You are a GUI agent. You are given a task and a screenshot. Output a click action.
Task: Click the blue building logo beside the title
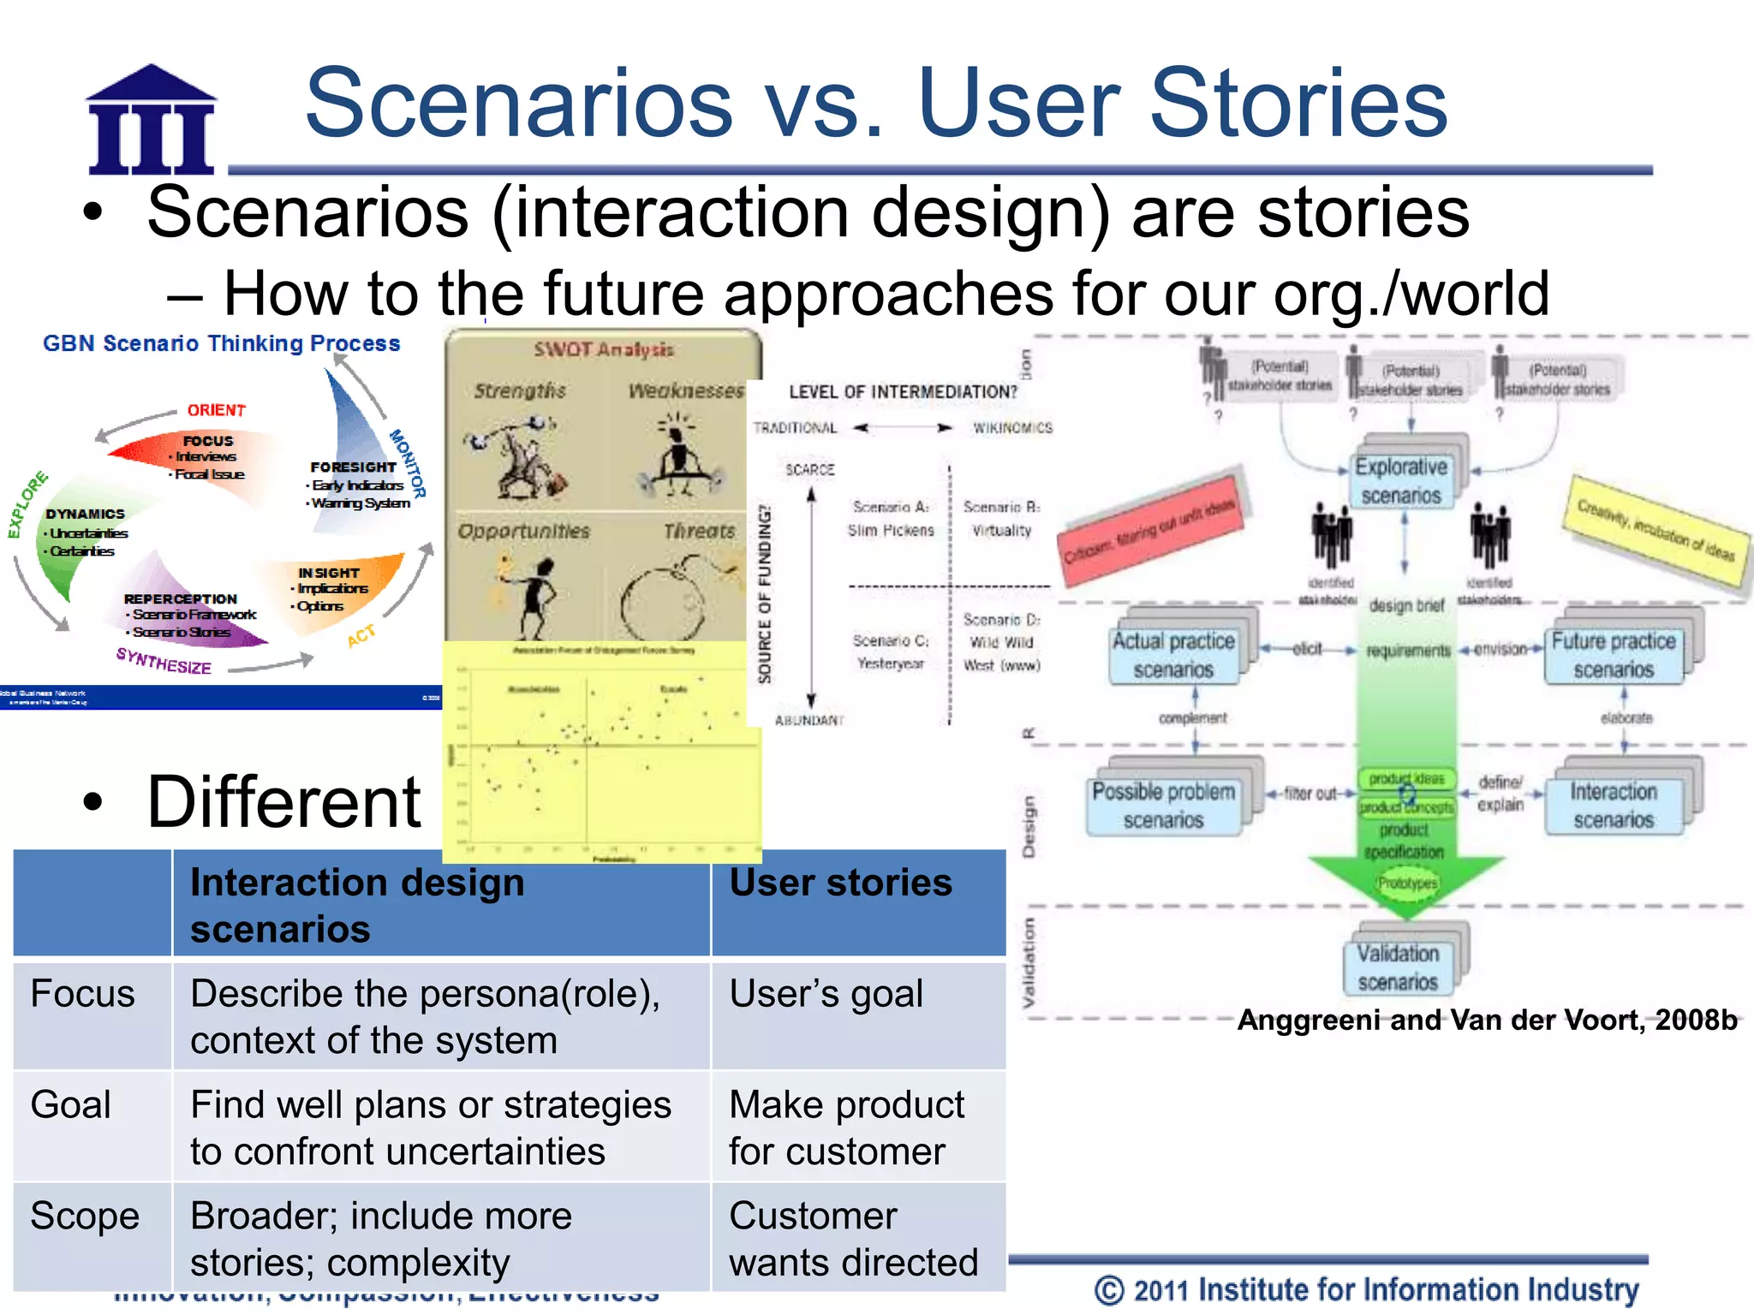click(151, 120)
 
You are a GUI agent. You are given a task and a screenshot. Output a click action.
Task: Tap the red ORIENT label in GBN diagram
click(217, 410)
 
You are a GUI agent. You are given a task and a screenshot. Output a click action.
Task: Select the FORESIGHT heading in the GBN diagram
click(353, 467)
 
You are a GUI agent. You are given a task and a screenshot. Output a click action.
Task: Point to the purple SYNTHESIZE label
click(164, 661)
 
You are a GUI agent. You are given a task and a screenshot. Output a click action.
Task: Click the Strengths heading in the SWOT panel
click(520, 391)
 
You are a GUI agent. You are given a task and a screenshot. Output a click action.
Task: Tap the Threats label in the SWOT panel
click(699, 532)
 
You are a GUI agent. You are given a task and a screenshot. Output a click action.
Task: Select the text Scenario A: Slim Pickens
click(891, 519)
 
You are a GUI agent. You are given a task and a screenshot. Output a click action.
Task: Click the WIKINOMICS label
click(1011, 428)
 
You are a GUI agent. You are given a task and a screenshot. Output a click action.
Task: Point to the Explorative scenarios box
click(1401, 480)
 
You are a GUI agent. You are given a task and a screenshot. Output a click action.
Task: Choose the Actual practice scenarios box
click(1173, 655)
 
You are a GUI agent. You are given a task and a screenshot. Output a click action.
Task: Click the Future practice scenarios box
click(1614, 655)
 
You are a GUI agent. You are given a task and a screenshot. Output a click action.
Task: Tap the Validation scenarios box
click(1398, 967)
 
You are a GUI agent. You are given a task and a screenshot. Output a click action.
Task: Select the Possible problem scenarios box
click(1163, 806)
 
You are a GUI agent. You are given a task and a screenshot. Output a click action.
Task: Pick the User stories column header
click(840, 883)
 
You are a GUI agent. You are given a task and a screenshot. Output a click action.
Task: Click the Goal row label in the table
click(71, 1105)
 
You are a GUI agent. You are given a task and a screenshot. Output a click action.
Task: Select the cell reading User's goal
click(826, 995)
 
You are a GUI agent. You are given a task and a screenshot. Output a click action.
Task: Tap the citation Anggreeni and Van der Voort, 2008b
click(1487, 1020)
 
